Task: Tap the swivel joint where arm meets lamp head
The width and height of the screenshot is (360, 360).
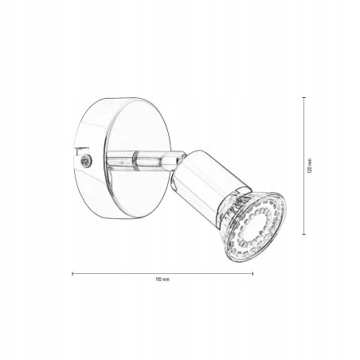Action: pyautogui.click(x=169, y=166)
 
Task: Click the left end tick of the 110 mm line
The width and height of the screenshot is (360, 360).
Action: pyautogui.click(x=72, y=273)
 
